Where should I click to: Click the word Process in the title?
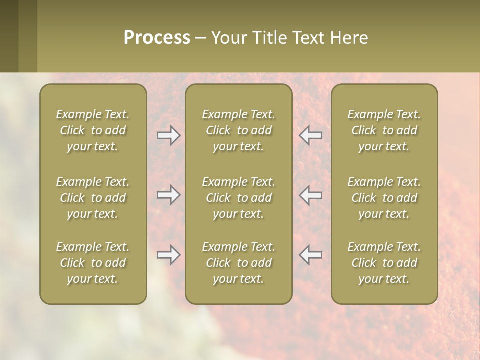click(157, 38)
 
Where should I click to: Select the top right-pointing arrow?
click(168, 135)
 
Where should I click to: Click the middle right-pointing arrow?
click(168, 195)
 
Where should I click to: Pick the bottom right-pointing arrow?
click(168, 255)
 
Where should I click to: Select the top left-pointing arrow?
click(311, 135)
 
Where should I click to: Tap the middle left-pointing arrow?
click(311, 195)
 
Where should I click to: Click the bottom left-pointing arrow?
click(311, 255)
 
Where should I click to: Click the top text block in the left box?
click(93, 130)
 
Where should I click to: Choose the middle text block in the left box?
click(93, 198)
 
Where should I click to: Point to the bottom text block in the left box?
click(93, 263)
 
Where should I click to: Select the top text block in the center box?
click(239, 130)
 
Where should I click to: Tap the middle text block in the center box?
click(239, 198)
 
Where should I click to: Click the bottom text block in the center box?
click(239, 263)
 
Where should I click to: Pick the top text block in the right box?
click(384, 130)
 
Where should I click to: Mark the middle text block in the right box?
click(384, 198)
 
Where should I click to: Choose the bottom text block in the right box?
click(384, 263)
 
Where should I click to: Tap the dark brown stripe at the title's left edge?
click(9, 36)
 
